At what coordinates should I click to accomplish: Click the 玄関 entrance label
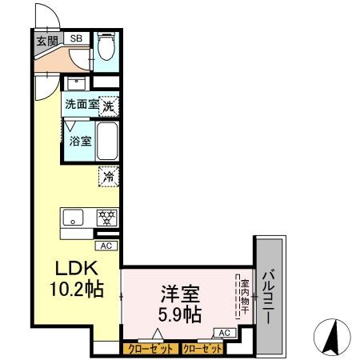[x=45, y=41]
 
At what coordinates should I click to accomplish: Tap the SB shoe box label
[x=76, y=38]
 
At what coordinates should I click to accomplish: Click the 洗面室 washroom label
[x=82, y=104]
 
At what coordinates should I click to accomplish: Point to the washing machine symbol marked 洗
[x=109, y=103]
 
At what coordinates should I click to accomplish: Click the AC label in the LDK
[x=106, y=247]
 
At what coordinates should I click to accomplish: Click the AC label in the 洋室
[x=224, y=333]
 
